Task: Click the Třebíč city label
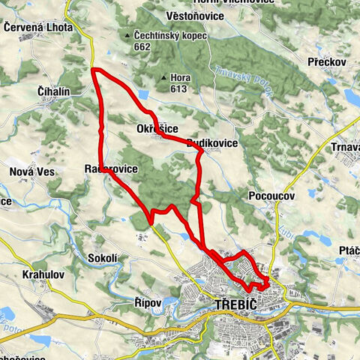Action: tap(235, 305)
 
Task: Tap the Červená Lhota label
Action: tap(37, 27)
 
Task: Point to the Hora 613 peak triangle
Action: tap(163, 77)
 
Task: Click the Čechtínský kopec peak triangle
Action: tap(128, 34)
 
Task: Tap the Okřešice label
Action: tap(157, 129)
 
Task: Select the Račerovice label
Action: tap(111, 169)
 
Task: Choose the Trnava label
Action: tap(346, 148)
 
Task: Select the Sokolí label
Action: tap(103, 257)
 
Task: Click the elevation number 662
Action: tap(142, 46)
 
